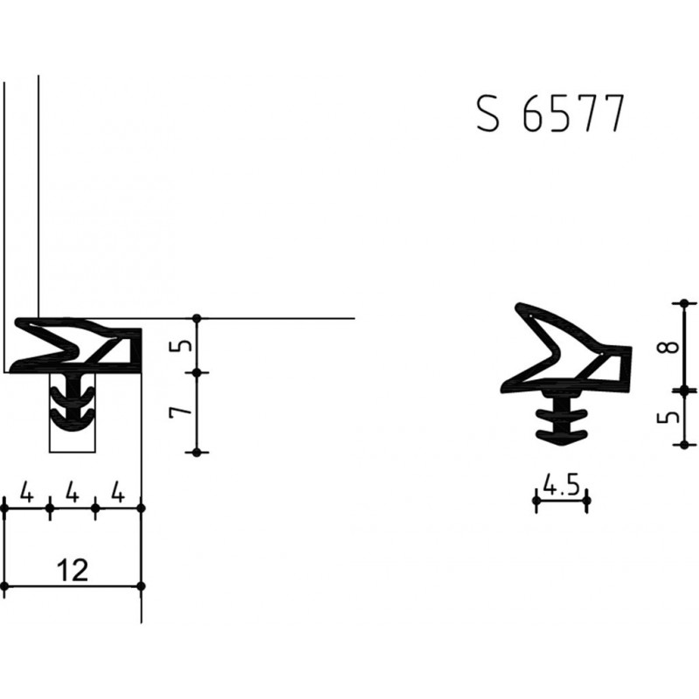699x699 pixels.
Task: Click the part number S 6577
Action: coord(550,114)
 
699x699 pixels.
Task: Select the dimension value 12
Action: coord(73,571)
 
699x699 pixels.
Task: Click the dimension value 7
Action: coord(178,412)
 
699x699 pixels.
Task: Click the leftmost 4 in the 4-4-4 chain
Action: coord(27,495)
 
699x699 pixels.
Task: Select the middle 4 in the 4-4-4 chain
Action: coord(73,495)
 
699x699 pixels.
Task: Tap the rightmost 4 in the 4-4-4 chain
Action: coord(118,495)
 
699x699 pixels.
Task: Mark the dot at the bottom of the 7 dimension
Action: coord(198,453)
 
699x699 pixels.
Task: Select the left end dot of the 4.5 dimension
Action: coord(535,501)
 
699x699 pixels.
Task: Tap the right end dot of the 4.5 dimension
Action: coord(587,501)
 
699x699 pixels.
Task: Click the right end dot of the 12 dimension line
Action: coord(142,585)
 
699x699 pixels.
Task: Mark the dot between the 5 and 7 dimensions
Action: coord(198,373)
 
